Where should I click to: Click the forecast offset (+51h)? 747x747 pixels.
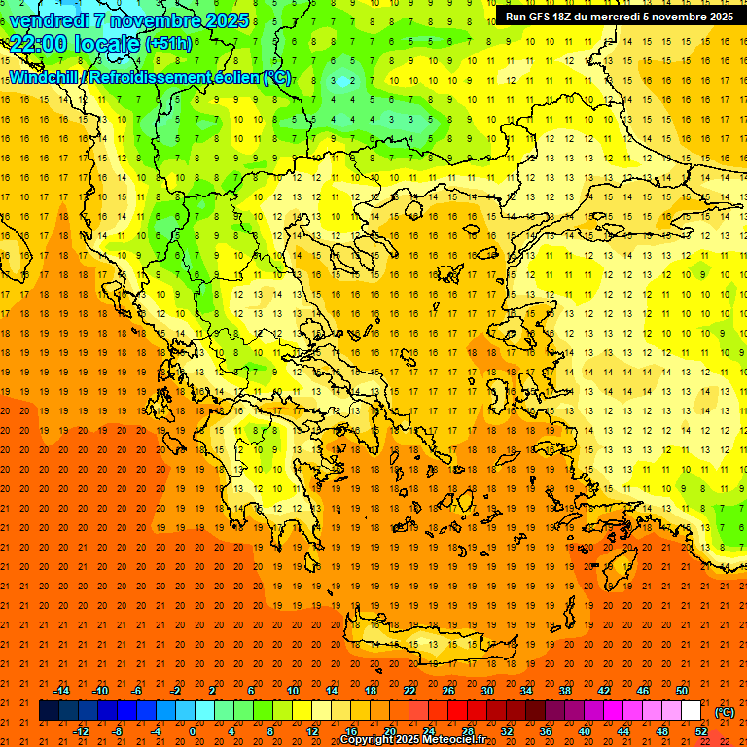point(167,45)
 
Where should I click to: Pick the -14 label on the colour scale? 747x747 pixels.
point(61,691)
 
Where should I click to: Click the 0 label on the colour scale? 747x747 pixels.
point(193,731)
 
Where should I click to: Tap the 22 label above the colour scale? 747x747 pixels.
point(409,691)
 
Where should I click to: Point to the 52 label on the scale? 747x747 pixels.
point(701,731)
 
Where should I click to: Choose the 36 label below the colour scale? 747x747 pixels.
point(545,731)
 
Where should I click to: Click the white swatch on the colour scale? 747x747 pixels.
point(692,711)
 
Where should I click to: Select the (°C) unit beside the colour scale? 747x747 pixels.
point(725,712)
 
